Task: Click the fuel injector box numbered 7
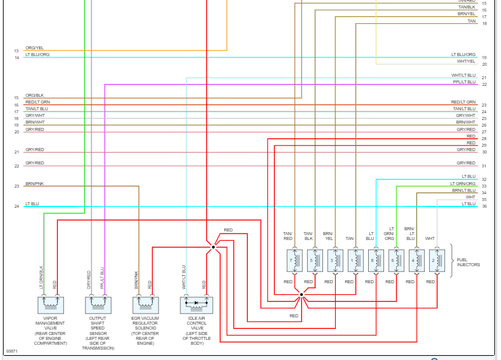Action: point(294,260)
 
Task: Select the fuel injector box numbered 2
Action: point(436,260)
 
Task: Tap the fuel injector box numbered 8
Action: point(375,260)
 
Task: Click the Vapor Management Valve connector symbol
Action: point(51,305)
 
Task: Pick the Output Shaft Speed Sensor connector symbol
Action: point(98,305)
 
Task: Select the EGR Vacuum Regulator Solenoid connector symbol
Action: point(145,305)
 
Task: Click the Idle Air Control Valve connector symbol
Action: point(197,305)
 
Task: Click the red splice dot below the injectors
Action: point(302,295)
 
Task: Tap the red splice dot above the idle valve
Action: point(213,247)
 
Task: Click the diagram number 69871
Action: point(12,351)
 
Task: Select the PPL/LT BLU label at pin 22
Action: point(464,82)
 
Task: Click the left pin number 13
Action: point(17,51)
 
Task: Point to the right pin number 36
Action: point(484,206)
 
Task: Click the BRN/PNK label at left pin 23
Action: point(35,183)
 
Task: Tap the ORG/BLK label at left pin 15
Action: point(35,95)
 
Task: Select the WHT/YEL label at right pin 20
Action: point(466,61)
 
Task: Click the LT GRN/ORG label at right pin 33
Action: point(463,183)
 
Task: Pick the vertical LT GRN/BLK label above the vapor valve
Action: point(41,277)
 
